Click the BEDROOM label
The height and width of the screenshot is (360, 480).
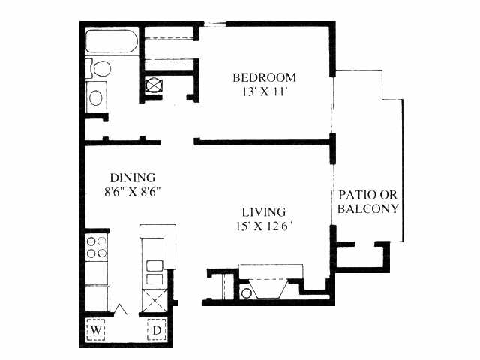[x=265, y=77]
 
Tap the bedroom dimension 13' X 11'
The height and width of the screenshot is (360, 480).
[x=265, y=91]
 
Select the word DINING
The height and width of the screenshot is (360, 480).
[x=133, y=178]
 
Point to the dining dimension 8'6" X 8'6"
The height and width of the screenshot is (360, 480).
[x=133, y=192]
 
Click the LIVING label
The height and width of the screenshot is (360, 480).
[x=264, y=212]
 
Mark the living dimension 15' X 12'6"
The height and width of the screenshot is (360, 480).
[x=265, y=226]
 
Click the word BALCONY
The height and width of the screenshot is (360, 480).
[x=368, y=208]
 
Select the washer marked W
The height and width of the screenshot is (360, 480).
[x=96, y=329]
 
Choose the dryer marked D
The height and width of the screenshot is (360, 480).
[x=157, y=329]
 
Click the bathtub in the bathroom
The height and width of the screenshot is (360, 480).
[x=112, y=41]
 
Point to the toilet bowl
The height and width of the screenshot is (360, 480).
[x=101, y=68]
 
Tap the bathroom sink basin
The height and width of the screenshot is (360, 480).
[x=96, y=97]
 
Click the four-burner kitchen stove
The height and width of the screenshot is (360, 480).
[x=97, y=247]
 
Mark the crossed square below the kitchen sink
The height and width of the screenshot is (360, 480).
[x=155, y=301]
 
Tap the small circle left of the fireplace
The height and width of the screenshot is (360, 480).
[x=247, y=293]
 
